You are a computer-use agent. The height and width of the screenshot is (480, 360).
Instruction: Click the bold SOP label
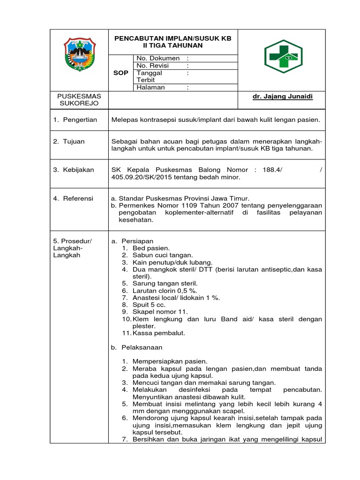pos(121,73)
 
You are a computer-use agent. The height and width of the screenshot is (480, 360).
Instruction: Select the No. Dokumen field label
pos(158,58)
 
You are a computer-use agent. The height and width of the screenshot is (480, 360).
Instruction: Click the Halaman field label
pos(151,87)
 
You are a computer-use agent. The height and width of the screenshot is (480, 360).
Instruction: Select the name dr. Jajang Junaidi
pos(282,96)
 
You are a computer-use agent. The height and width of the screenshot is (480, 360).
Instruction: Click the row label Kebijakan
pos(80,170)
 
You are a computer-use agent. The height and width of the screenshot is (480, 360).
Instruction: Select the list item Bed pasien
pos(151,248)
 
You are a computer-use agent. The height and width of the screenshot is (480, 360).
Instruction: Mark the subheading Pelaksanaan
pos(142,347)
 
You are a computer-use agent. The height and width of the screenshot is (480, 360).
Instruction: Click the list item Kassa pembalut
pos(159,333)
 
